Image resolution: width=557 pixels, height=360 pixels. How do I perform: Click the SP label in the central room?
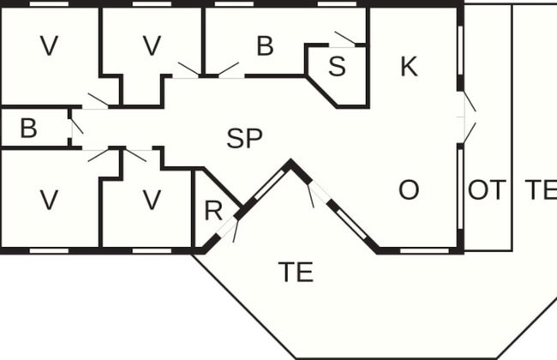click(x=244, y=138)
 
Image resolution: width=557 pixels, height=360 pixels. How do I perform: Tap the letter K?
click(x=409, y=67)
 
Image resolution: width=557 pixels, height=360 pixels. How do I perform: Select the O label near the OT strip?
click(x=409, y=189)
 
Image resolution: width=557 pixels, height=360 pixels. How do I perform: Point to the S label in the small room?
click(x=337, y=66)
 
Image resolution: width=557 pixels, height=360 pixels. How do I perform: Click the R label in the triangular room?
click(x=213, y=211)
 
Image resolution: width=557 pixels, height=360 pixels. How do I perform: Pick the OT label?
click(x=487, y=190)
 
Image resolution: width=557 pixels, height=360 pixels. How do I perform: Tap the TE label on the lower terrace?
click(x=296, y=272)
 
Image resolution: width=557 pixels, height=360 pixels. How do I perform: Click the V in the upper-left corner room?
click(x=49, y=45)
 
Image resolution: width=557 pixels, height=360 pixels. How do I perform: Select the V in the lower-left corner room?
click(x=49, y=200)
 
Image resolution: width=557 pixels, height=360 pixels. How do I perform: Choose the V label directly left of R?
click(x=152, y=200)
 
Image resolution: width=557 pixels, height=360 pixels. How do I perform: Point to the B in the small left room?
click(x=28, y=129)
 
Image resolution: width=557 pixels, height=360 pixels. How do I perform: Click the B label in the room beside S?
click(x=265, y=45)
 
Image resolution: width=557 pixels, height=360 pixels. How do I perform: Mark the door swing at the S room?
click(x=345, y=39)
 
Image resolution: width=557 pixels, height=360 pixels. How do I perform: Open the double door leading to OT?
click(x=469, y=117)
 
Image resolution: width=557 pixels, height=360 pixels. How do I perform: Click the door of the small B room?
click(x=77, y=126)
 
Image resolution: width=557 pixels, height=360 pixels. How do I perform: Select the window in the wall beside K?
click(x=460, y=51)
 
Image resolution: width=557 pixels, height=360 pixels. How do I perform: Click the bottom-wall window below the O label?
click(x=424, y=251)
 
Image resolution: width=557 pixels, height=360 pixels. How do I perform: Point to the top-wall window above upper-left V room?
click(x=49, y=4)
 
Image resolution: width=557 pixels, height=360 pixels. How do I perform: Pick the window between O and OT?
click(x=460, y=189)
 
